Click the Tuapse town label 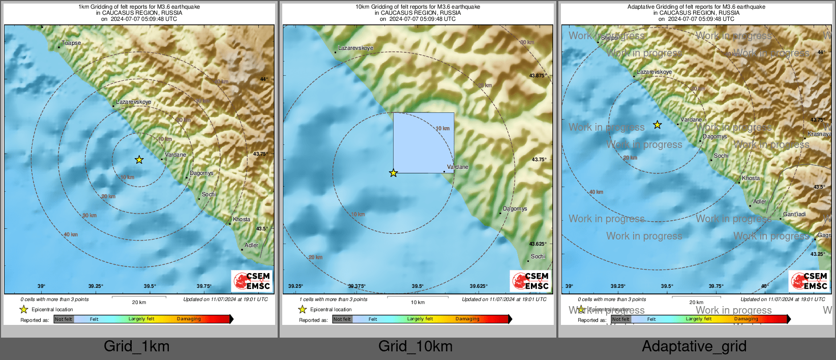pos(71,43)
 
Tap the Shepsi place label pos(609,38)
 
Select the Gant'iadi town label pos(794,214)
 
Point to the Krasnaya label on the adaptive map pos(819,134)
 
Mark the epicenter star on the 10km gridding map pos(393,173)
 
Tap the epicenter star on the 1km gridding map pos(139,160)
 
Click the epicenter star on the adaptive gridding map pos(658,125)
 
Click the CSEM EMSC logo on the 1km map pos(252,281)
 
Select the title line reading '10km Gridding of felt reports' pos(417,7)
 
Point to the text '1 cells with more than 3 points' pos(333,299)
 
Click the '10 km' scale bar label pos(417,303)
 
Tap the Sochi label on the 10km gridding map pos(538,257)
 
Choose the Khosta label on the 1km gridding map pos(242,220)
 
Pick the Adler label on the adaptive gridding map pos(760,202)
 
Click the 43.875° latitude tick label pos(538,76)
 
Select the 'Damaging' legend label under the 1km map pos(189,319)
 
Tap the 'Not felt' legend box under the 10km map pos(342,319)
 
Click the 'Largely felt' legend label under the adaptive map pos(699,319)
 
